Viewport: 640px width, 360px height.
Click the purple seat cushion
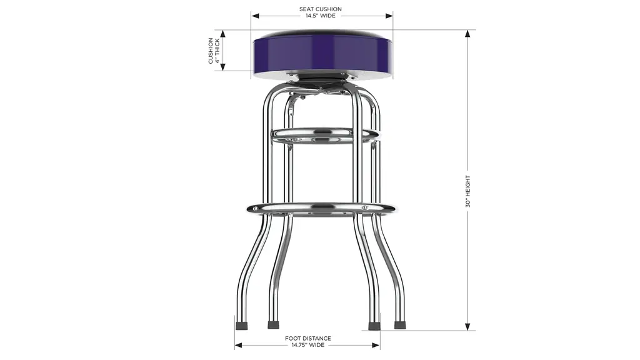(x=322, y=53)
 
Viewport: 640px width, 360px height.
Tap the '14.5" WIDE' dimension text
(x=321, y=16)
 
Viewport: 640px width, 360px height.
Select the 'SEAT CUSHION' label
(x=321, y=9)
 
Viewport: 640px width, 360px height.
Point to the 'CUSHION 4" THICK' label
(x=214, y=51)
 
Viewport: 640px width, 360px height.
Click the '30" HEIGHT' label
(x=467, y=191)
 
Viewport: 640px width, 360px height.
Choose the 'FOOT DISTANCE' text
(x=307, y=338)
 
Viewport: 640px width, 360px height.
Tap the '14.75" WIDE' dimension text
(x=307, y=345)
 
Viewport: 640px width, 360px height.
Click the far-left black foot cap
(x=242, y=326)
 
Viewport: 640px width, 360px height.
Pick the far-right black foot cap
(x=400, y=325)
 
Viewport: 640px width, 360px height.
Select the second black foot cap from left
(x=274, y=325)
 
